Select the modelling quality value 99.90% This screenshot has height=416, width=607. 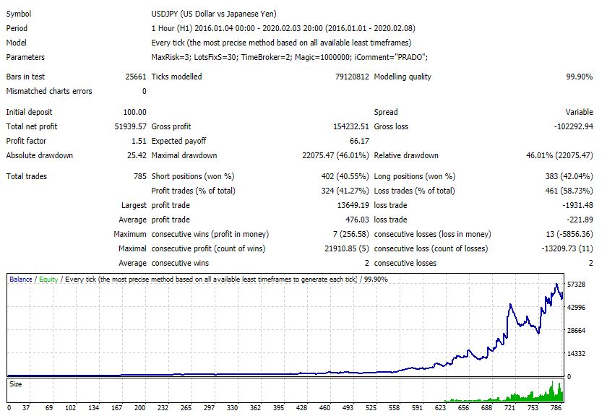pyautogui.click(x=578, y=77)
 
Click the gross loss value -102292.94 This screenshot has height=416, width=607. pyautogui.click(x=569, y=126)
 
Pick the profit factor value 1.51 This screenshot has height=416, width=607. pyautogui.click(x=138, y=141)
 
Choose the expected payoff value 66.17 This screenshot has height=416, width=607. pyautogui.click(x=358, y=141)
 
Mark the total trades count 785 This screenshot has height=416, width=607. pyautogui.click(x=139, y=176)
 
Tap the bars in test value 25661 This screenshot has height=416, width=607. pyautogui.click(x=135, y=77)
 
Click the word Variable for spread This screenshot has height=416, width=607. pyautogui.click(x=578, y=112)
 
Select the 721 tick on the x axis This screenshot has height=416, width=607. pyautogui.click(x=510, y=407)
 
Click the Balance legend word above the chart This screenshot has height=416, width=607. pyautogui.click(x=20, y=279)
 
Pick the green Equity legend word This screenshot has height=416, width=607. pyautogui.click(x=48, y=279)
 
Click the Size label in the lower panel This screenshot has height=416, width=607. pyautogui.click(x=16, y=384)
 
